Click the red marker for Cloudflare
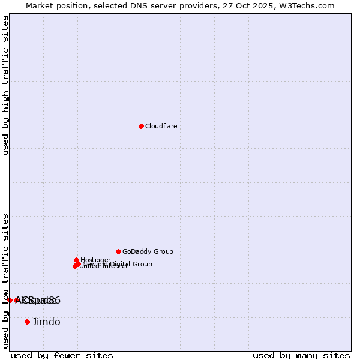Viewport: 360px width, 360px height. coord(141,126)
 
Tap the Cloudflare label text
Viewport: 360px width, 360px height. coord(161,126)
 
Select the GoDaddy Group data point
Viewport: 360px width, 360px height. coord(118,251)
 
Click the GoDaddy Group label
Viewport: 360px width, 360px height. coord(148,251)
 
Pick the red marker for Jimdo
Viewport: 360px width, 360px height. coord(27,322)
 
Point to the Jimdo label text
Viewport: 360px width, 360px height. coord(46,322)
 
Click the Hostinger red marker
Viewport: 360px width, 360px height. coord(76,260)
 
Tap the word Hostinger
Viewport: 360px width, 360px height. coord(95,260)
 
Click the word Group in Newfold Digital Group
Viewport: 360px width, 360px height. coord(142,264)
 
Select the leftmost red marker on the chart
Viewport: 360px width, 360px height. coord(10,300)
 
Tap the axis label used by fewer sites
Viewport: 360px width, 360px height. coord(62,355)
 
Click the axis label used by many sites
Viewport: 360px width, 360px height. coord(301,355)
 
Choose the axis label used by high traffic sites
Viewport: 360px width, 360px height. coord(5,85)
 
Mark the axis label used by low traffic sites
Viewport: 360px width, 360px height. coord(5,280)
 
